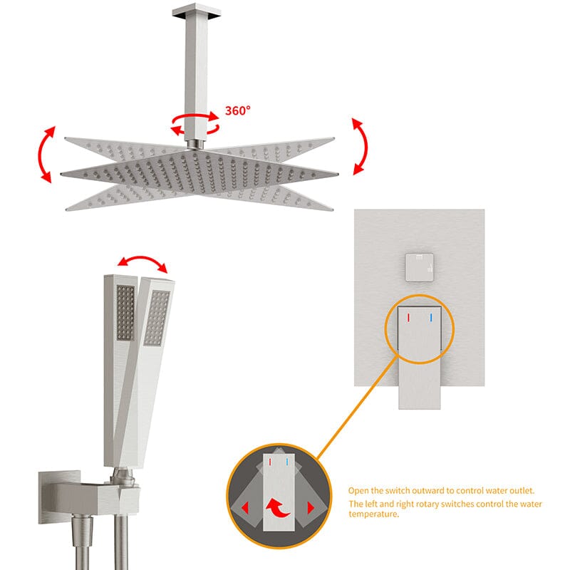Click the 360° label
pos(238,110)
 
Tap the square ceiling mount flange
pos(197,10)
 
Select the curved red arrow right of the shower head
pos(360,146)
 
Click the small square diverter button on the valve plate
pos(420,267)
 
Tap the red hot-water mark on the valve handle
pos(408,318)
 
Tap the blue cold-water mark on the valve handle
pos(431,318)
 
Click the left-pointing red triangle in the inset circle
pos(245,507)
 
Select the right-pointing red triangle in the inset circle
pos(311,507)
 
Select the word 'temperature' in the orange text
pos(373,514)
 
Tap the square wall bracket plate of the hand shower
pos(59,497)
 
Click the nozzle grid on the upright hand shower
pos(125,313)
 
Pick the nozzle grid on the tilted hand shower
pos(157,318)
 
